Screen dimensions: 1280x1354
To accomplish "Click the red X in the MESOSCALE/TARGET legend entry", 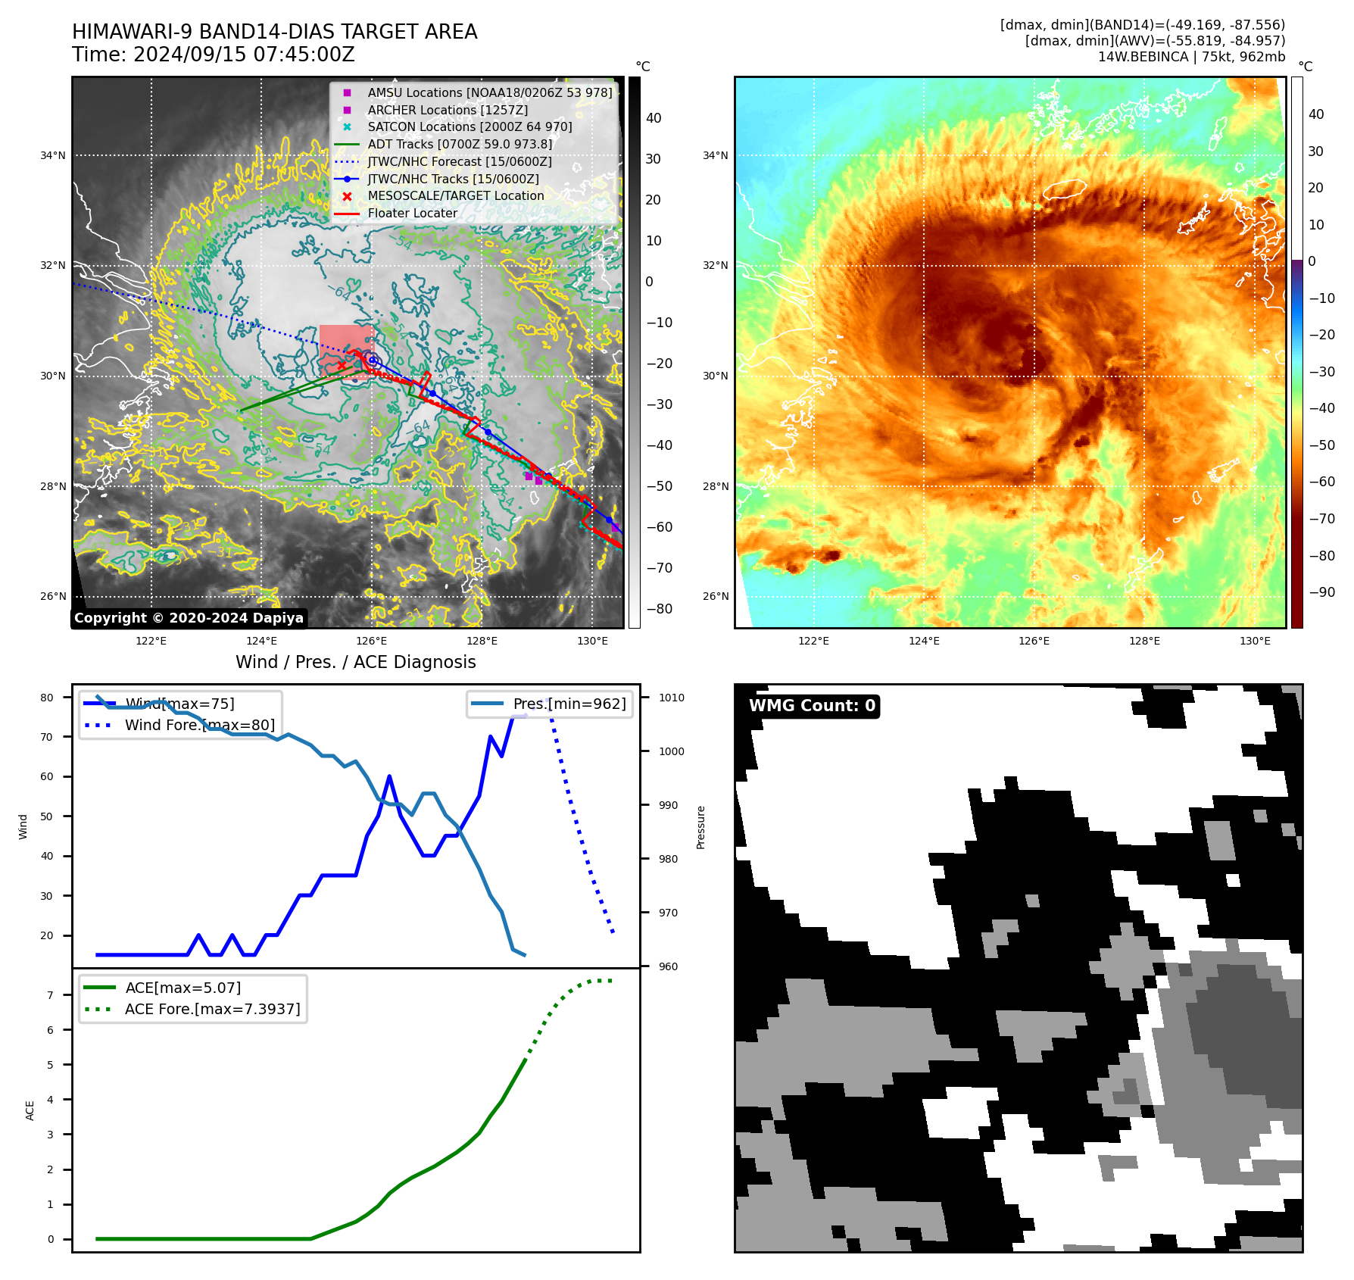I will coord(347,196).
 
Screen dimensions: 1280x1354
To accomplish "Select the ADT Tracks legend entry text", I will coord(460,144).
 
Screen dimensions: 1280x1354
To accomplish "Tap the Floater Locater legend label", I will coord(413,214).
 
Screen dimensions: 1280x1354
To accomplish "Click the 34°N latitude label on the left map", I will coord(53,156).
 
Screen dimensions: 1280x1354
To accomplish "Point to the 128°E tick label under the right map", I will coord(1144,642).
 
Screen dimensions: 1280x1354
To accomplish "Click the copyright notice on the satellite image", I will coord(189,618).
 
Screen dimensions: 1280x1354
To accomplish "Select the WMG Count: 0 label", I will coord(812,706).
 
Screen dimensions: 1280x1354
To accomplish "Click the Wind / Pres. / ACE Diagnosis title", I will coord(356,662).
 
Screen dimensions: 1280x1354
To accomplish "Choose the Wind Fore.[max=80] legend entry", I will coord(200,726).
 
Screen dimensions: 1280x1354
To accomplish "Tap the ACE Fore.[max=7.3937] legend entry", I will coord(212,1010).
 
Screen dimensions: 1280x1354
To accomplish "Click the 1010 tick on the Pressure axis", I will coord(671,698).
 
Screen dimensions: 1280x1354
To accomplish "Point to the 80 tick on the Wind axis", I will coord(47,698).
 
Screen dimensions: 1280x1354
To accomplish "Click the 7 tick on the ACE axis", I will coord(51,995).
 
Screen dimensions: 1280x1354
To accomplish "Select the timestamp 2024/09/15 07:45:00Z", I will coord(244,55).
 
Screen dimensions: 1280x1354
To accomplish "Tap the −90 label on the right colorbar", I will coord(1321,592).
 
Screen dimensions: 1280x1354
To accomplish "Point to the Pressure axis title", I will coord(700,827).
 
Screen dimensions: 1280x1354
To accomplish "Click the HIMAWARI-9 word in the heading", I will coord(130,33).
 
